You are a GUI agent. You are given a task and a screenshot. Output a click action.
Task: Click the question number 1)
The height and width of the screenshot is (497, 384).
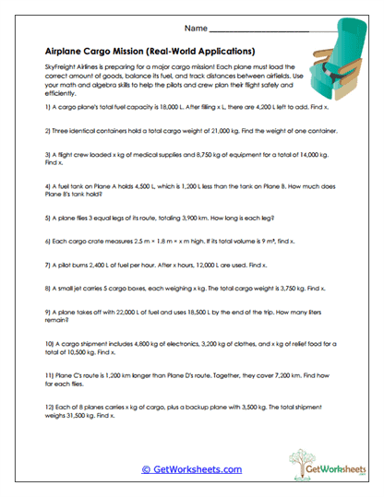pyautogui.click(x=47, y=108)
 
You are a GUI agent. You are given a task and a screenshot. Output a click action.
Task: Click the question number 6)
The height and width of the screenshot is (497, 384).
pyautogui.click(x=47, y=242)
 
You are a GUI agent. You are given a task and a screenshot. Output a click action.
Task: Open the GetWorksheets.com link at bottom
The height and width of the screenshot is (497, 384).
pyautogui.click(x=191, y=469)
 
